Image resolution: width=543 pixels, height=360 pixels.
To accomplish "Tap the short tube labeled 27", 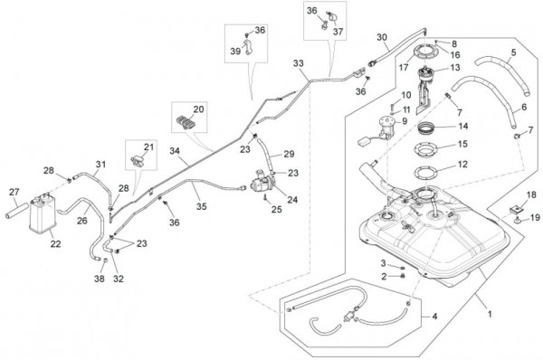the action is click(x=16, y=211).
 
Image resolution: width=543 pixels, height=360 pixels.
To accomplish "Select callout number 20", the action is click(x=198, y=109).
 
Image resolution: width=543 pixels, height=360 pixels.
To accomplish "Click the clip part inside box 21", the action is click(x=138, y=160).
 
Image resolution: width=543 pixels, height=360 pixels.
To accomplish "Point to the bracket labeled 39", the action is click(x=248, y=47).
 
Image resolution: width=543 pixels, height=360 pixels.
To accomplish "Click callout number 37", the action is click(x=338, y=32).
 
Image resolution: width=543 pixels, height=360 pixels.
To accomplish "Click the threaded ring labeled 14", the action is click(x=427, y=128).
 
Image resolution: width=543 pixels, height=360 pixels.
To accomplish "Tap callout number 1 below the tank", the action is click(x=490, y=314).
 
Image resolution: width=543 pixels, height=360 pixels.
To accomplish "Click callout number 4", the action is click(x=434, y=316).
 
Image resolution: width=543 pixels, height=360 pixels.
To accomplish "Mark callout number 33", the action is click(x=298, y=63).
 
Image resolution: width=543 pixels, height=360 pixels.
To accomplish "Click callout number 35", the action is click(x=202, y=206).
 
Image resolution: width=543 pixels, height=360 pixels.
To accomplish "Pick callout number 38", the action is click(x=100, y=279).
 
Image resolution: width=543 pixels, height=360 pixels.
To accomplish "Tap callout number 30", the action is click(x=382, y=37).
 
